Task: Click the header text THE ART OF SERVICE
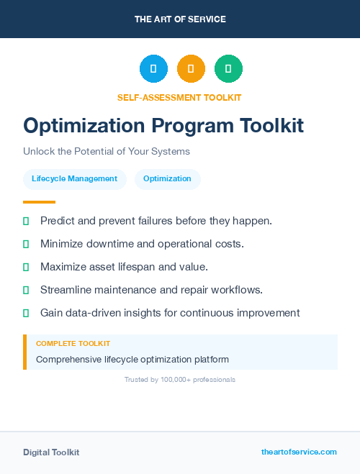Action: [180, 19]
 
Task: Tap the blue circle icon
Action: [153, 68]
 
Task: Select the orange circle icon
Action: [191, 68]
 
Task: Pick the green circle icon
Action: [228, 68]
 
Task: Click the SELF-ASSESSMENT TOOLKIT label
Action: [179, 97]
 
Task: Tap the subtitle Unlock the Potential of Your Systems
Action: [106, 152]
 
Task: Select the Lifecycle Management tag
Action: [74, 178]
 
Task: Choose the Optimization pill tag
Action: [167, 178]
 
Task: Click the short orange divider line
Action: [39, 202]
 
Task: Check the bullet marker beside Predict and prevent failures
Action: [26, 221]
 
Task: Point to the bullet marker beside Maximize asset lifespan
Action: [26, 267]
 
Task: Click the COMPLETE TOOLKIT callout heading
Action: [73, 344]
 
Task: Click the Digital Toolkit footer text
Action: [51, 452]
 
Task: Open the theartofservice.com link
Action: [299, 452]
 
